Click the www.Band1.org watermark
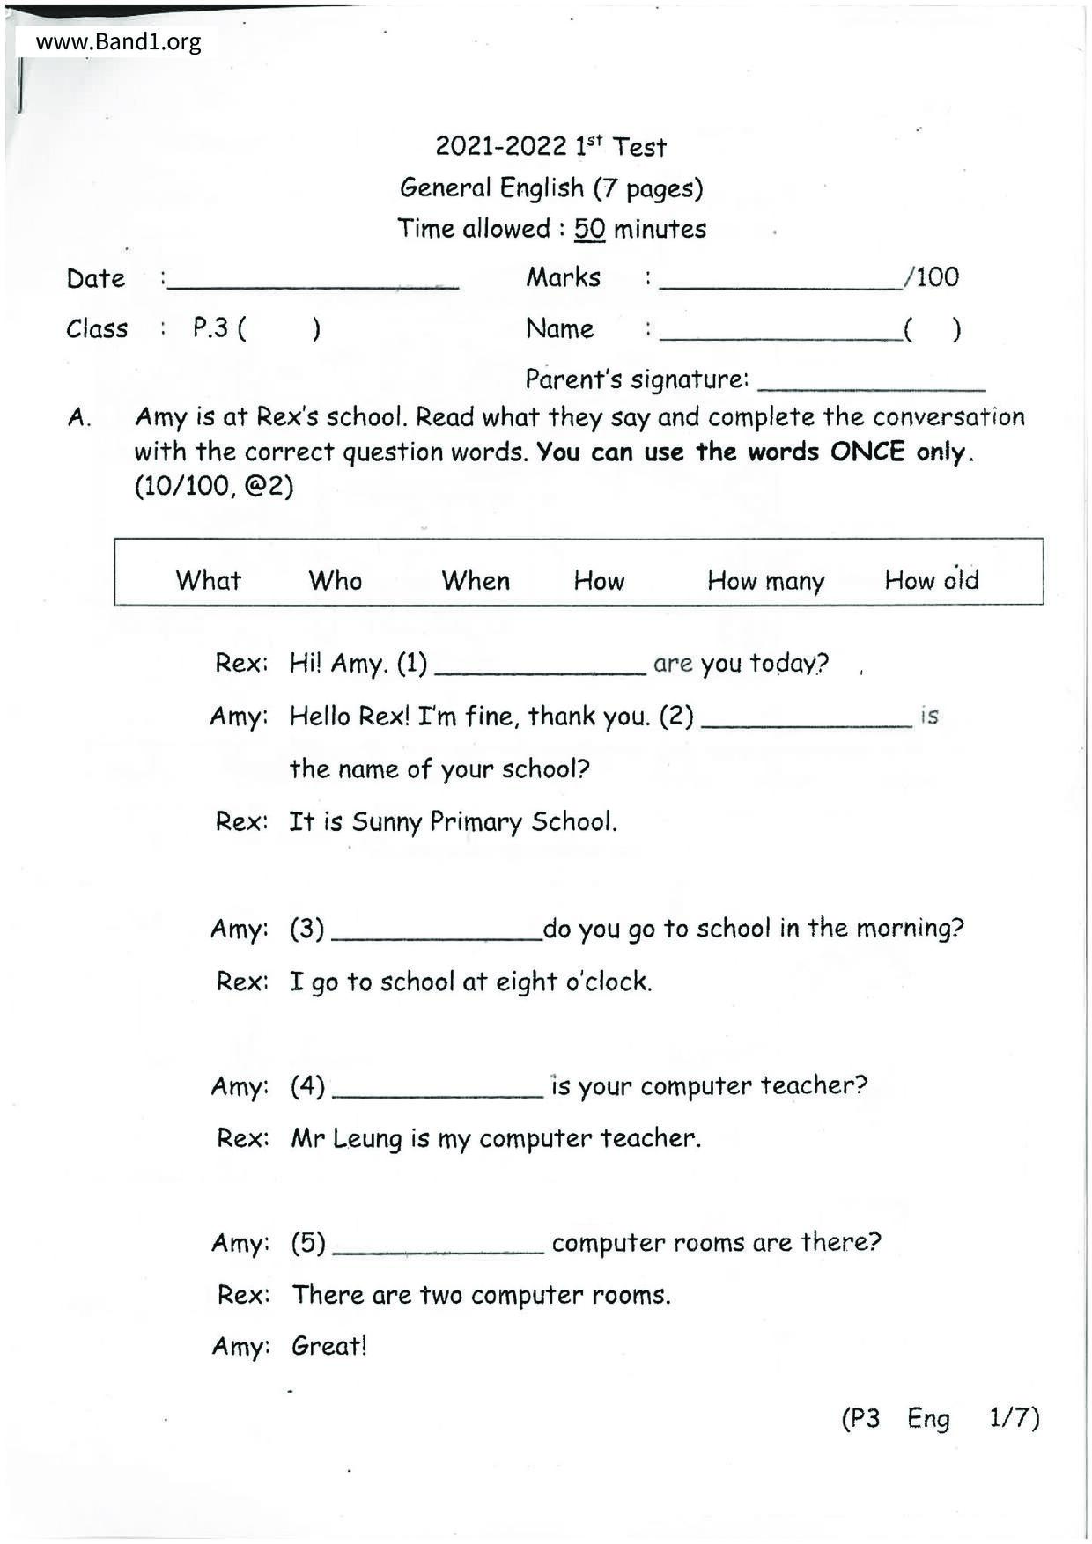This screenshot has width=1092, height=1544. point(118,41)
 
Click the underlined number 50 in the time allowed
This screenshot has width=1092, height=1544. point(589,230)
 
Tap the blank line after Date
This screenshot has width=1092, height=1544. point(314,282)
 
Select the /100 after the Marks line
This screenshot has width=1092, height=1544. point(932,277)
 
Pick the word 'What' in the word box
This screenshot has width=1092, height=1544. point(208,580)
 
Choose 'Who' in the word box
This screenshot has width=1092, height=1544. point(335,580)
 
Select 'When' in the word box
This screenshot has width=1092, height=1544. point(476,580)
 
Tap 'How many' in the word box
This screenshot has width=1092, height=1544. point(765,581)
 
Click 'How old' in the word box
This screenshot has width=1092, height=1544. point(931,580)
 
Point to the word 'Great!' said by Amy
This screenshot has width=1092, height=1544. point(328,1346)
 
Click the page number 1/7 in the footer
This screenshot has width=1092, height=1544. point(1014,1417)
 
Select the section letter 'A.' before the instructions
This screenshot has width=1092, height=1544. point(79,418)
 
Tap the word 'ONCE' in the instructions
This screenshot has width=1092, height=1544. point(867,452)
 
